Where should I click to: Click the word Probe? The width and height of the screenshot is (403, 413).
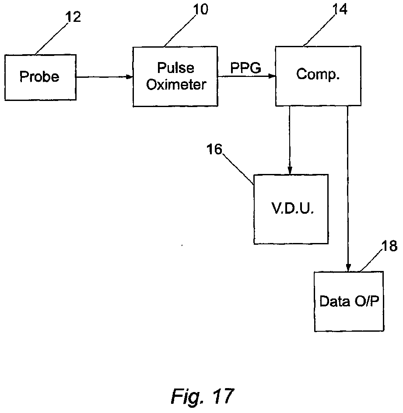point(39,76)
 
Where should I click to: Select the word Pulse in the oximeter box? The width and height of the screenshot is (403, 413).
point(175,68)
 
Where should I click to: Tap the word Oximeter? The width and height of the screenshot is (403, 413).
point(176,84)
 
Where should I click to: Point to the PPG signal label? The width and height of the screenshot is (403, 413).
point(246,68)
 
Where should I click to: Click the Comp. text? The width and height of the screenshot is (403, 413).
point(318,74)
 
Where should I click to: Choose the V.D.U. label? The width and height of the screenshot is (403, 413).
point(293,208)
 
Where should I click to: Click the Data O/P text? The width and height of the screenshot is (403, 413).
point(349,301)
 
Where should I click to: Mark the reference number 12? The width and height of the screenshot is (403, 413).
point(73,17)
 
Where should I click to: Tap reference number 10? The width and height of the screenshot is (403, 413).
point(200,9)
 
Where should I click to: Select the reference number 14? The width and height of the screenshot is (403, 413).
point(340,9)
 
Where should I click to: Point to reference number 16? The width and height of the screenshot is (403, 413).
point(214,149)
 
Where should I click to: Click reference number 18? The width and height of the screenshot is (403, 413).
point(389,246)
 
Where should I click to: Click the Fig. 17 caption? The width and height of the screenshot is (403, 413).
point(203,396)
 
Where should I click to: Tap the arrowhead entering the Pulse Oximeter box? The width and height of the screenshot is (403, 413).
point(130,77)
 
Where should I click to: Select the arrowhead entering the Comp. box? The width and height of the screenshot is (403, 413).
point(272,76)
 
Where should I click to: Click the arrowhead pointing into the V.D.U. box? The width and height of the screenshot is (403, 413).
point(290,171)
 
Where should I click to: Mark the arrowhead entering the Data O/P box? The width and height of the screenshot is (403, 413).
point(348,268)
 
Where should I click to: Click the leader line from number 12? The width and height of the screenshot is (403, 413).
point(52,38)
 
